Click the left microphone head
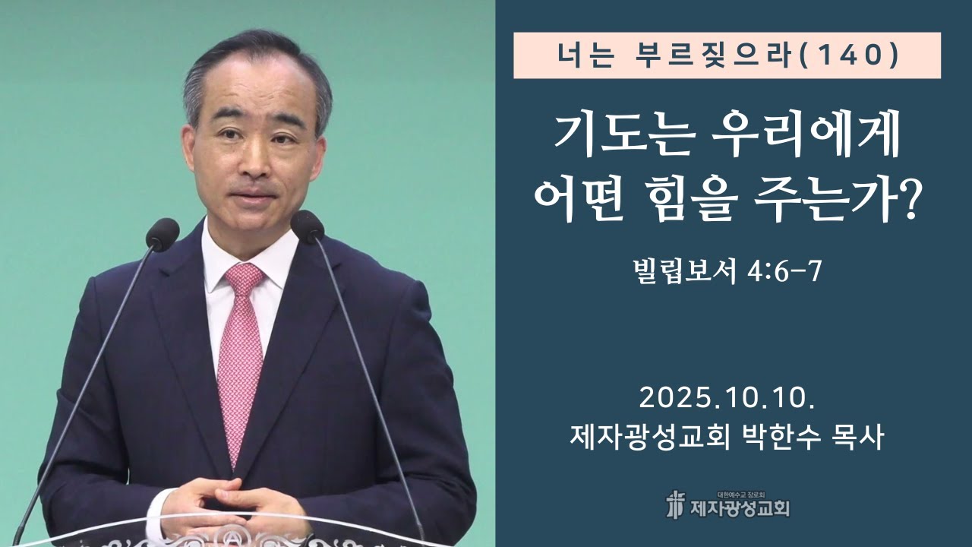click(x=163, y=233)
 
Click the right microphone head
click(x=307, y=226)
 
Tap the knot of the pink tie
click(x=244, y=280)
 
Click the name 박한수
click(x=781, y=438)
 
